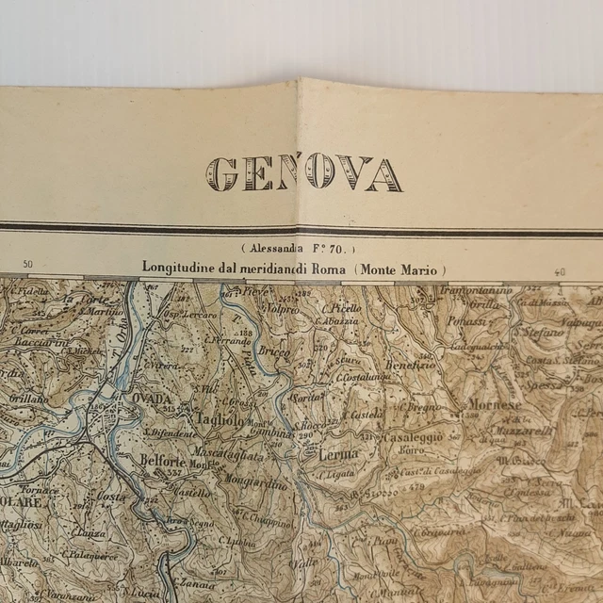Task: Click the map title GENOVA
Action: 304,174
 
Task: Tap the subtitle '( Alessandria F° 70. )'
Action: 297,250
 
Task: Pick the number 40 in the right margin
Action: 561,272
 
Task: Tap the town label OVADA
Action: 152,399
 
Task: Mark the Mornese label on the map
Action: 494,405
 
